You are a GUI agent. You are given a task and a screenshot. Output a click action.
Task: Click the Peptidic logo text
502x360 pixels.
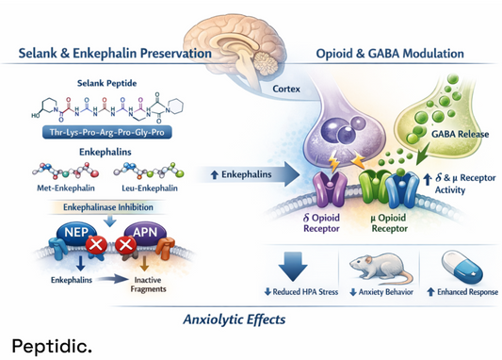(52, 346)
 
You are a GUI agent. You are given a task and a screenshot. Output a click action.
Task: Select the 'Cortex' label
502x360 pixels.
(287, 91)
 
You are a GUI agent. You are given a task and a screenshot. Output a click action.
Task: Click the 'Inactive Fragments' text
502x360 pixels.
(146, 284)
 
